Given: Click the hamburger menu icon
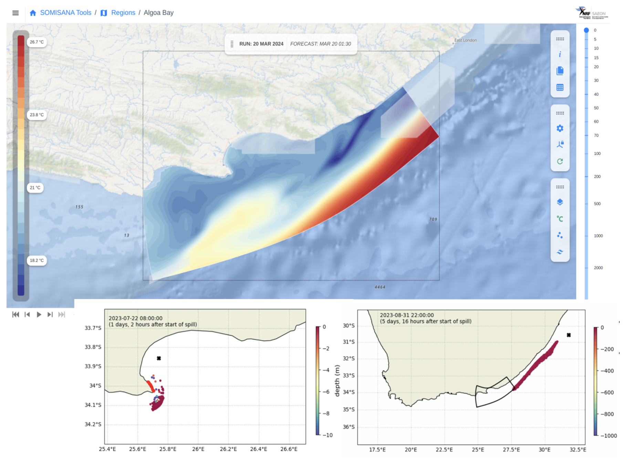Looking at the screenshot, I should (15, 13).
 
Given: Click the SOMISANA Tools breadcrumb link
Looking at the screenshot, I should (65, 13).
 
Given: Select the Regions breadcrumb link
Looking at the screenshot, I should (123, 13).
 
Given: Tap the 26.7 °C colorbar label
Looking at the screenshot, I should (36, 42).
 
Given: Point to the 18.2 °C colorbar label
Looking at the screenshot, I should (36, 260).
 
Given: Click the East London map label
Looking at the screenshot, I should (465, 40).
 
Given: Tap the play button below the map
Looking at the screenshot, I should (39, 314).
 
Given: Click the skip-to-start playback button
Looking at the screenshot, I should (15, 314).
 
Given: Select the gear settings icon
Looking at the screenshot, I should (560, 128).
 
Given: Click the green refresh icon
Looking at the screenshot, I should (560, 161).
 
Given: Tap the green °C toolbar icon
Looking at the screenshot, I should (560, 219).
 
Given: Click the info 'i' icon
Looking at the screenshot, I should (560, 54).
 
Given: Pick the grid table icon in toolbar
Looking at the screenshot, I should (560, 87).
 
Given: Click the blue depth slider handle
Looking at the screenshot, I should (586, 30).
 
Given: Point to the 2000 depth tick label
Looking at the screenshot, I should (598, 268).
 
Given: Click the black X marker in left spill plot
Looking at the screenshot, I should (159, 358).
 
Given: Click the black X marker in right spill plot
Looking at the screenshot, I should (569, 335).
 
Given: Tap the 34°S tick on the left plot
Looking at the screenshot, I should (95, 385).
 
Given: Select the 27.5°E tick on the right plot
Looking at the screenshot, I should (511, 449).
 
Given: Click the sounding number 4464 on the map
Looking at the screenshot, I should (380, 287).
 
